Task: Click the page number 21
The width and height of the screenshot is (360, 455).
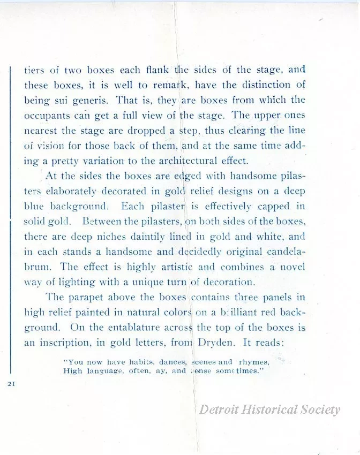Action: pyautogui.click(x=11, y=384)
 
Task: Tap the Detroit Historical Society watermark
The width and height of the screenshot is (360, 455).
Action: pyautogui.click(x=269, y=410)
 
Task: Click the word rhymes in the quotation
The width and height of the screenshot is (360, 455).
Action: pyautogui.click(x=253, y=362)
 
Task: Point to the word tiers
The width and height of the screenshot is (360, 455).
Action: pyautogui.click(x=34, y=70)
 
